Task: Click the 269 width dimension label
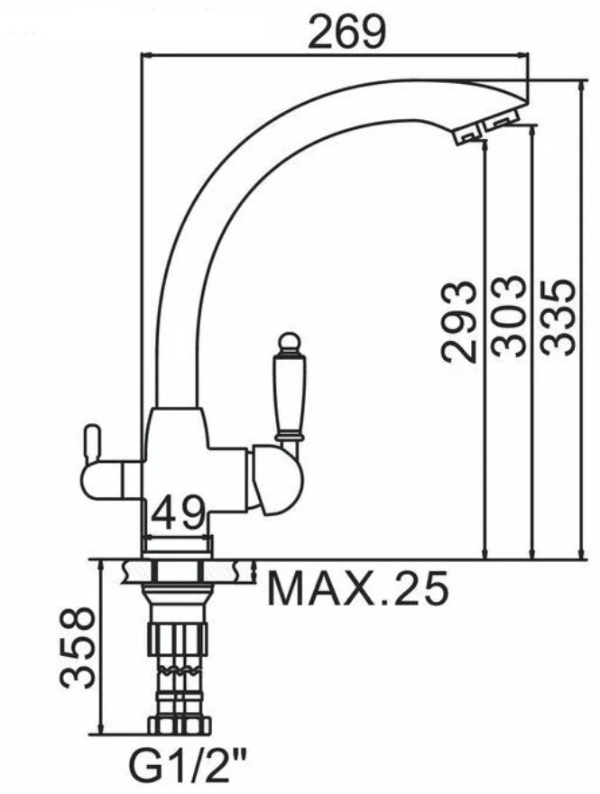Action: (x=347, y=32)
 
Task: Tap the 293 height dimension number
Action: (x=458, y=322)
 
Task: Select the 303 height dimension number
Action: (x=508, y=317)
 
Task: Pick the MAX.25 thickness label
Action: (x=357, y=589)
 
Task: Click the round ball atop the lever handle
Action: (x=289, y=343)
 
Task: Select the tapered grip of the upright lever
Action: (x=290, y=395)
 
